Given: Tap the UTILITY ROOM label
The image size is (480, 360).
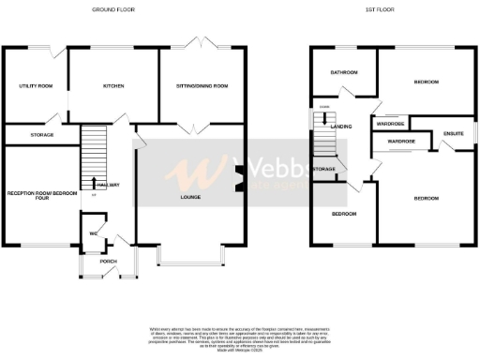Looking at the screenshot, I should tap(36, 85).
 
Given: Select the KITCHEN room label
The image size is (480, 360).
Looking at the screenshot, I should tap(113, 85).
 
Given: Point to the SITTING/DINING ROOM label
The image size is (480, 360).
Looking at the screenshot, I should tap(202, 85).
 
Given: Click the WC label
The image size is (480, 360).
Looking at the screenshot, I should tap(94, 233).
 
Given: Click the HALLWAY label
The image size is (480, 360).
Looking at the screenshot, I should tap(108, 185).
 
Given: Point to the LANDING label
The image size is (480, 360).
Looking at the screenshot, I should tap(342, 127).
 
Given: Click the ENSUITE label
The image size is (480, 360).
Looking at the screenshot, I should tap(454, 134).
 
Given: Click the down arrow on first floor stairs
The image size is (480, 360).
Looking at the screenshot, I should tap(324, 118).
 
